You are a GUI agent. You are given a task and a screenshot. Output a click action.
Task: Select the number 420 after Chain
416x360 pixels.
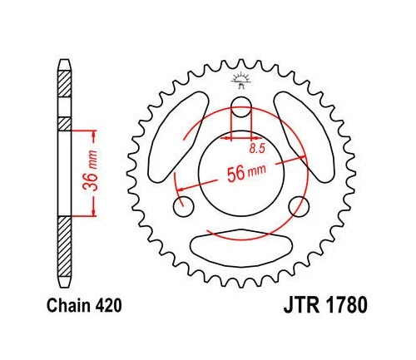(x=110, y=305)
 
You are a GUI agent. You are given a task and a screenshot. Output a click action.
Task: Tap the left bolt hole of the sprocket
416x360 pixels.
(x=182, y=205)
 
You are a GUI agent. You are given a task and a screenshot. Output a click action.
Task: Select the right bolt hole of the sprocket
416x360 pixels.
(x=298, y=205)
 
